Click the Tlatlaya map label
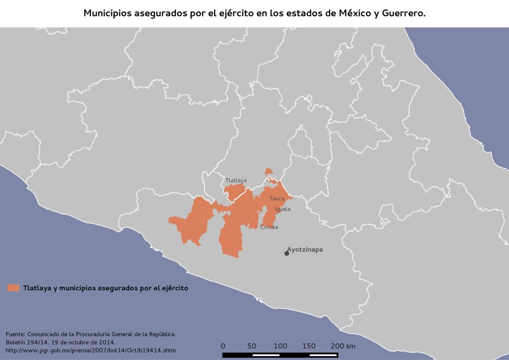click(x=236, y=180)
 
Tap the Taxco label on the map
click(x=277, y=198)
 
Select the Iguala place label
click(x=282, y=209)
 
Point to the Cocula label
click(x=269, y=227)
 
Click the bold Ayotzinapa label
click(x=305, y=250)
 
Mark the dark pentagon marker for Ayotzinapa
click(x=287, y=253)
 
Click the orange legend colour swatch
click(x=13, y=287)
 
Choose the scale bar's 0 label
click(x=223, y=346)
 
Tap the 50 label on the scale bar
click(x=252, y=346)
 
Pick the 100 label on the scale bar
click(x=280, y=346)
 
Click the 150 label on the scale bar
click(x=309, y=346)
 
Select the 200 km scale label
click(x=343, y=346)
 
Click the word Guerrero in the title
click(x=404, y=13)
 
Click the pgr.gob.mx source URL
click(x=91, y=351)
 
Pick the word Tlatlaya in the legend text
click(x=36, y=287)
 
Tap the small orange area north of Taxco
click(x=268, y=172)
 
